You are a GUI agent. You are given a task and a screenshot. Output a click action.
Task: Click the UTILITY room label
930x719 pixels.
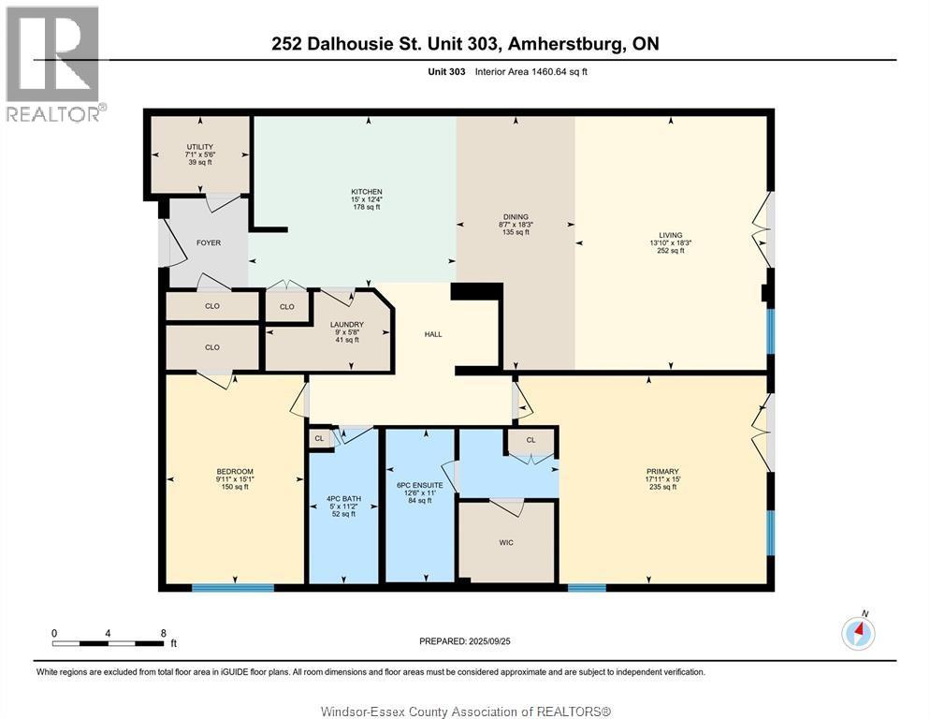[200, 147]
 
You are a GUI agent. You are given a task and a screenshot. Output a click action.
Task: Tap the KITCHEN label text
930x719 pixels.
[367, 192]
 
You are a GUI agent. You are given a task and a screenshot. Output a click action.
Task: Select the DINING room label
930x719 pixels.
[515, 216]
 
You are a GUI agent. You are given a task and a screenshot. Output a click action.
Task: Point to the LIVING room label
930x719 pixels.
[670, 235]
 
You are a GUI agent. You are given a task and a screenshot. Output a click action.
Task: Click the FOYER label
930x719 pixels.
[208, 243]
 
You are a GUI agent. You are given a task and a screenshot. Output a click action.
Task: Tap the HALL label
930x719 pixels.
[432, 334]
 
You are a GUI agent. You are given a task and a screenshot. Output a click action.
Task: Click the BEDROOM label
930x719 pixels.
[235, 471]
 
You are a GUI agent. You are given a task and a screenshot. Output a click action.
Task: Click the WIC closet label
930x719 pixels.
[506, 542]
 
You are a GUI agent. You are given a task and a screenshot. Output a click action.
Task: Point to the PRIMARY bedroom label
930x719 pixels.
[662, 472]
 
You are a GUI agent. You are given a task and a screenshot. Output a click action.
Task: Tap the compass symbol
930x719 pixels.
[858, 633]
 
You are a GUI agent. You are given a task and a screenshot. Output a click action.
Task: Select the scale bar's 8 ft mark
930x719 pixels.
[163, 633]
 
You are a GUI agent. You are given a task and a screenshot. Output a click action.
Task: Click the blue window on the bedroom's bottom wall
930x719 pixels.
[233, 588]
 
